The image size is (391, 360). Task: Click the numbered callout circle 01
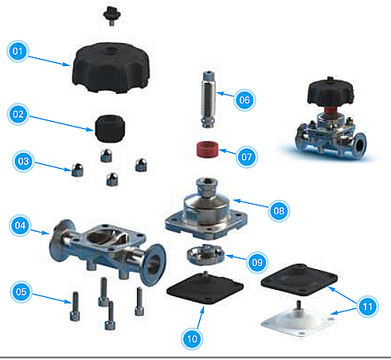pos(18,51)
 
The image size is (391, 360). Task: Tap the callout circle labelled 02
pos(18,114)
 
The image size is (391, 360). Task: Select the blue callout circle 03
pos(23,161)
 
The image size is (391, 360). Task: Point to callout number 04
pos(20,225)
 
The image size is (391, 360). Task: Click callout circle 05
pos(22,292)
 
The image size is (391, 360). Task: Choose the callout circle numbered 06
pos(244,100)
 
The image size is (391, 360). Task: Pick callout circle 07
pos(247,157)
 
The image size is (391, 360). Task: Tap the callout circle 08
pos(279,211)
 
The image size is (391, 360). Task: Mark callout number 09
pos(257,262)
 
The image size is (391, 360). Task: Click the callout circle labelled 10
pos(192,338)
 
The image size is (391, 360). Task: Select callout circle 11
pos(368,307)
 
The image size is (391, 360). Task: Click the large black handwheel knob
pos(111,68)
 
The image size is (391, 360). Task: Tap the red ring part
pos(208,149)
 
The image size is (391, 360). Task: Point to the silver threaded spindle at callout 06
pos(209,100)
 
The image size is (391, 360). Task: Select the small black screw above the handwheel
pos(111,14)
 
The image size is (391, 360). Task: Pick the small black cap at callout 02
pos(110,128)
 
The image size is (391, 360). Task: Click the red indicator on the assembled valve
pos(330,110)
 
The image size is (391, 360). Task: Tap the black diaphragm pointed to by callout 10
pos(205,288)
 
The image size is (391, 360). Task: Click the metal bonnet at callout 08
pos(206,209)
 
